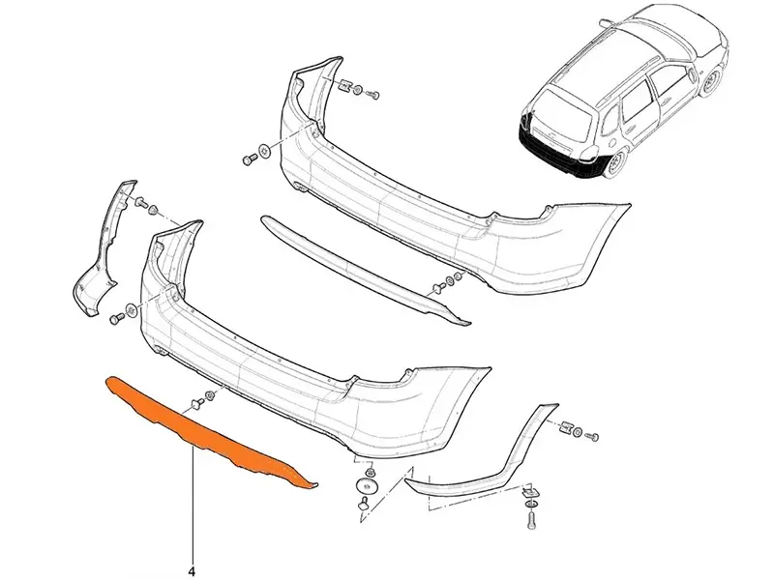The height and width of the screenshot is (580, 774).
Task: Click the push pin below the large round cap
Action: [365, 502]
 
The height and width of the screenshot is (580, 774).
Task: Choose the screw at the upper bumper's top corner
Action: [372, 94]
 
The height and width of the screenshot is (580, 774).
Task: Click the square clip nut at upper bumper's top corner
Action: [344, 86]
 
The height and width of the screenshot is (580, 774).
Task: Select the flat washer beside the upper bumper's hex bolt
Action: [265, 152]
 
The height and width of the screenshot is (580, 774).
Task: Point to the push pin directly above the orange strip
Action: [196, 403]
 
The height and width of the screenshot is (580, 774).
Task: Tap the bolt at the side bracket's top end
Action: [140, 201]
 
